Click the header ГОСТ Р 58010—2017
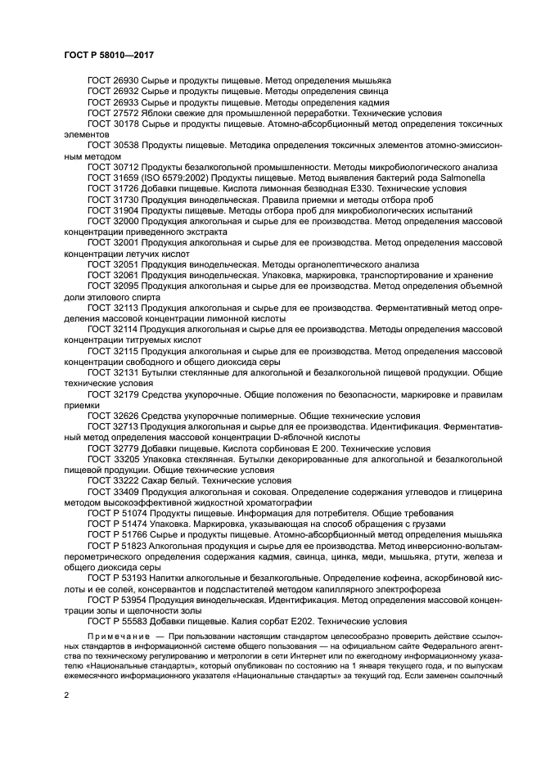[x=109, y=54]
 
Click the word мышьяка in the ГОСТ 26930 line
[x=371, y=80]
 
